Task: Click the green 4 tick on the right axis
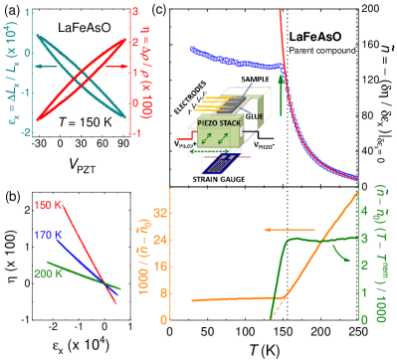pos(364,212)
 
